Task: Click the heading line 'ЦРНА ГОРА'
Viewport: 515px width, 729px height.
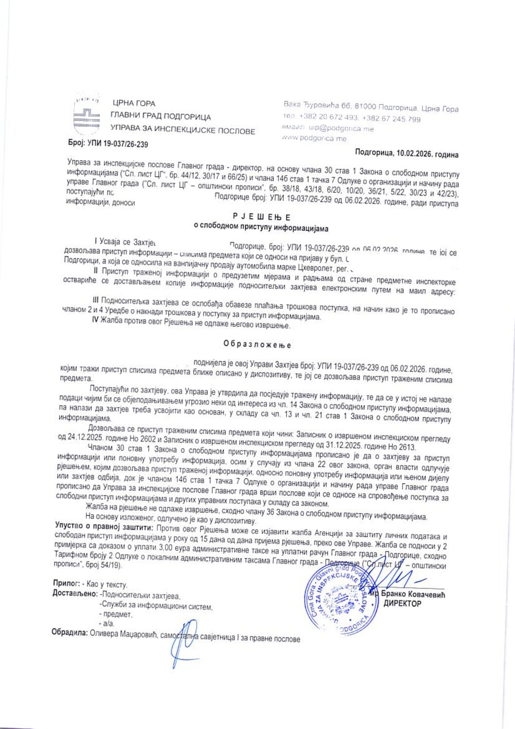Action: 134,103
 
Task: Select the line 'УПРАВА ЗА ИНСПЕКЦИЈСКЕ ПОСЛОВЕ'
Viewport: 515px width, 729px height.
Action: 183,131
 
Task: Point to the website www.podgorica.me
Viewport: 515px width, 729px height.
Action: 314,138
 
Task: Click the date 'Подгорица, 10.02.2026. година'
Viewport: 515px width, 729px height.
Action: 406,153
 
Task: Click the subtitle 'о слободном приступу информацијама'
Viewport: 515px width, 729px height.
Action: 261,228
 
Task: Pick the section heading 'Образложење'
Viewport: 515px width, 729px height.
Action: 257,344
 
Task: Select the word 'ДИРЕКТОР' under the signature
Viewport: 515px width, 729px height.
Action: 402,604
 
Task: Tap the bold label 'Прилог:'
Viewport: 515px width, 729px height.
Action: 66,583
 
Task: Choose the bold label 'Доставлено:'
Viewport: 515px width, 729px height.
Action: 75,594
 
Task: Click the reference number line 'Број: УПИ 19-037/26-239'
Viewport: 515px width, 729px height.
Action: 108,144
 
